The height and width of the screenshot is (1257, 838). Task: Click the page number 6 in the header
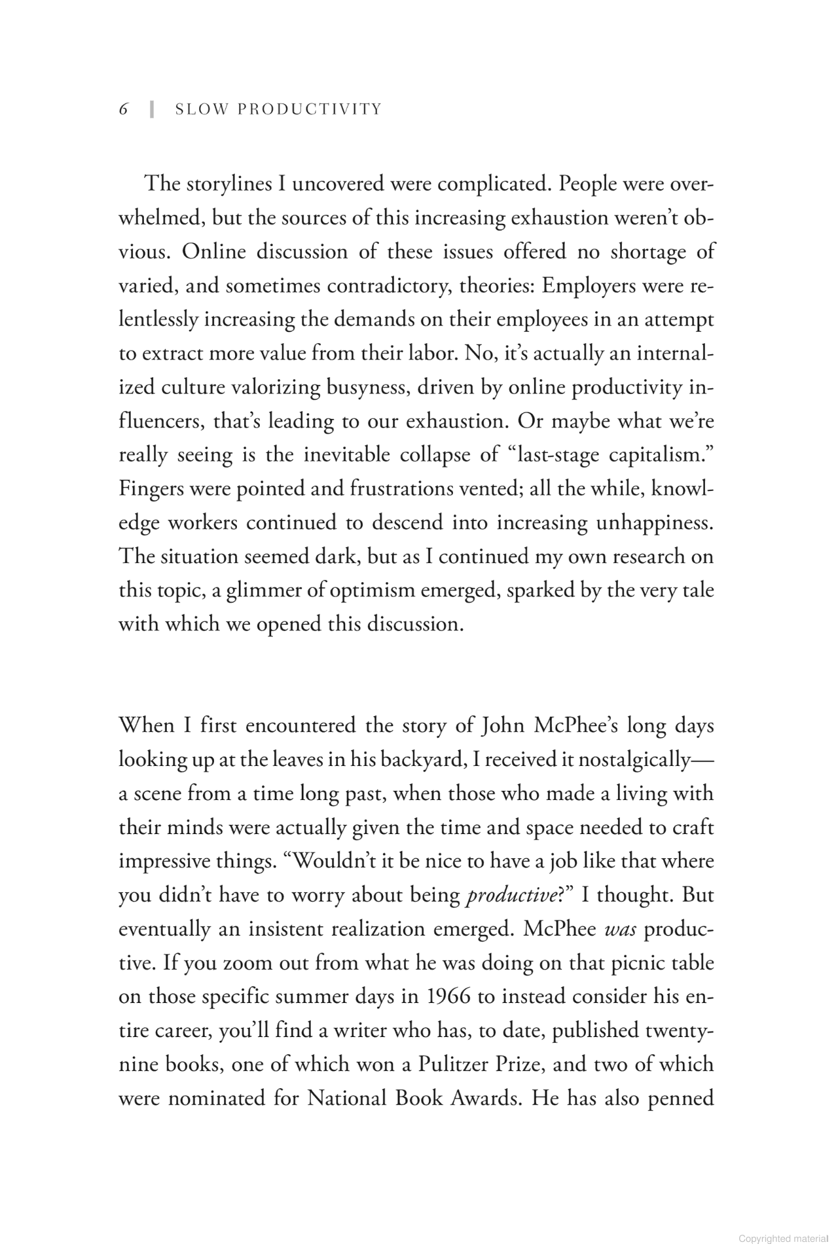[123, 109]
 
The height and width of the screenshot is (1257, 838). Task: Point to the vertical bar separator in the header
[152, 109]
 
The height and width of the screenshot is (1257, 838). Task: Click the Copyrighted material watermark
[782, 1239]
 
